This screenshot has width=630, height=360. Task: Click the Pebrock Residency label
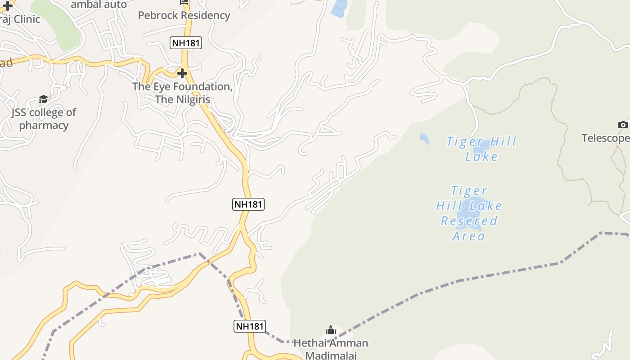click(x=184, y=15)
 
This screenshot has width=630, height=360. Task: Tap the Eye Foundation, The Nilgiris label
click(x=182, y=93)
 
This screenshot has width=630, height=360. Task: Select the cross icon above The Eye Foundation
click(x=182, y=73)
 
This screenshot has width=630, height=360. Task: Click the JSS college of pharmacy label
click(x=44, y=119)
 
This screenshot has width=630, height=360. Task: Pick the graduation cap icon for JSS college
click(x=43, y=99)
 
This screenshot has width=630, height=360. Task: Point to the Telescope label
click(x=605, y=138)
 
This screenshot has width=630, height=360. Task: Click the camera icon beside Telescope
click(x=623, y=125)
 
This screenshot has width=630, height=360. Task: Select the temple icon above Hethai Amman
click(x=331, y=331)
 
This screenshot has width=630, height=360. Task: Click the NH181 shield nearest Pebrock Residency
click(x=186, y=43)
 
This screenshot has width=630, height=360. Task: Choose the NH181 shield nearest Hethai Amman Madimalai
click(x=250, y=326)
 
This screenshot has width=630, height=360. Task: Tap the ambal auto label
click(x=99, y=4)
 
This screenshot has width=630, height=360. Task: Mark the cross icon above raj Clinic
click(x=8, y=6)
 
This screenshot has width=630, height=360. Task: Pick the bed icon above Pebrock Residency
click(x=184, y=2)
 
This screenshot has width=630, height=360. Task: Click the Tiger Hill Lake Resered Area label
click(x=469, y=213)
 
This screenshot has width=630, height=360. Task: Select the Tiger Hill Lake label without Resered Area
click(x=481, y=149)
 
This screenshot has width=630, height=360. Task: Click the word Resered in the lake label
click(x=469, y=221)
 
